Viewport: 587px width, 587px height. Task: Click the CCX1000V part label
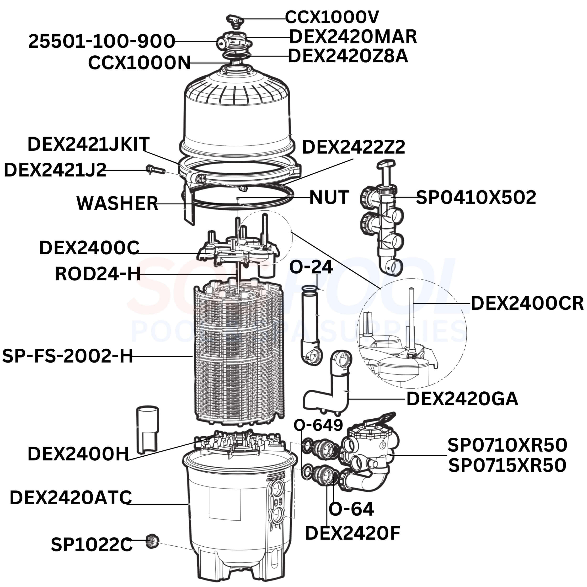click(x=332, y=17)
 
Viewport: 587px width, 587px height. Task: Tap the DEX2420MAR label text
click(x=353, y=37)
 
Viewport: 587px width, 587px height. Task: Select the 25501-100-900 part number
click(x=102, y=41)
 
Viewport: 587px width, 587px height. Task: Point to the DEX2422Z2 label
click(x=353, y=147)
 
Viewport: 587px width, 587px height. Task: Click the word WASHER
click(x=117, y=203)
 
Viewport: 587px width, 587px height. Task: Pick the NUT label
click(x=329, y=197)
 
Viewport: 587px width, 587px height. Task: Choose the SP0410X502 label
click(x=476, y=197)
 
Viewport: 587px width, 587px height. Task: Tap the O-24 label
click(x=311, y=267)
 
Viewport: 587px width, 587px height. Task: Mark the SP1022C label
click(x=91, y=544)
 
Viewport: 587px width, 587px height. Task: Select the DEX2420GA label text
click(x=462, y=399)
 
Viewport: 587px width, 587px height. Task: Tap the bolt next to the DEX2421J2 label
click(x=155, y=169)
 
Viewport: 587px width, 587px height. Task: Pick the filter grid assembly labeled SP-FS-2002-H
click(x=239, y=352)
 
